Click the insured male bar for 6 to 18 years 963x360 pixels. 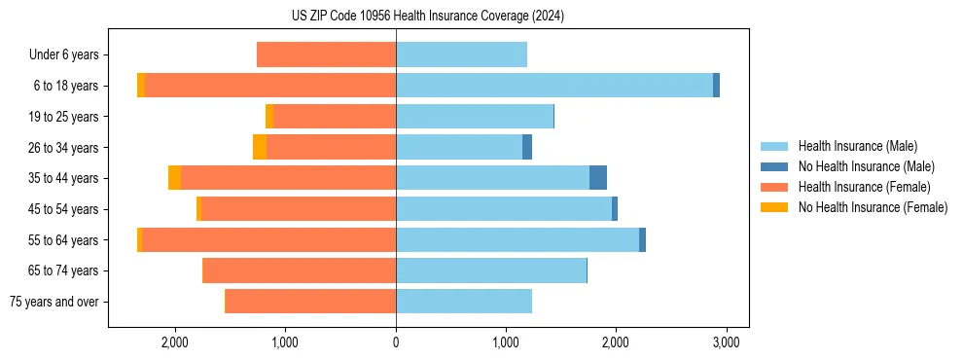553,86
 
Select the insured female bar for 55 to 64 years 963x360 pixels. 268,240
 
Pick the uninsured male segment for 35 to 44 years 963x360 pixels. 598,178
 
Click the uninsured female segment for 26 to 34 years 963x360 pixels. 260,147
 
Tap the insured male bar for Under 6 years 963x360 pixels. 461,54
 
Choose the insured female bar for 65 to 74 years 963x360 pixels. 300,270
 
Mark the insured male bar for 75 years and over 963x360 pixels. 464,302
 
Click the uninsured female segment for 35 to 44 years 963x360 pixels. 174,178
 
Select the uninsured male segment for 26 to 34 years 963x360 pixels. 527,147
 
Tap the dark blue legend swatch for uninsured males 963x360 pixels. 774,166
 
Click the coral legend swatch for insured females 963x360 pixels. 774,187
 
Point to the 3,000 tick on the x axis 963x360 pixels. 726,342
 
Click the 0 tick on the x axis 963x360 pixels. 396,342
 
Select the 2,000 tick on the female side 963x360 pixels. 175,342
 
